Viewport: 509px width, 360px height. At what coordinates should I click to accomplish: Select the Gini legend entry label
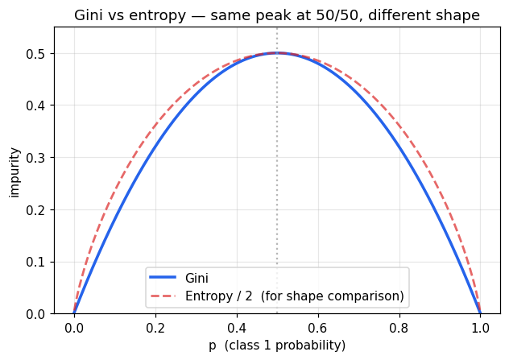pos(197,278)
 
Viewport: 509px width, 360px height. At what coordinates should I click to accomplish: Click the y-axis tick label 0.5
pos(37,54)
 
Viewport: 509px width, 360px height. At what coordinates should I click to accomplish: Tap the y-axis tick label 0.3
pos(37,158)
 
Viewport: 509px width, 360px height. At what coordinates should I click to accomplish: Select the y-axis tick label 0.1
pos(37,262)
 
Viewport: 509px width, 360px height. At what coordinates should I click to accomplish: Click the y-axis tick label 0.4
pos(37,106)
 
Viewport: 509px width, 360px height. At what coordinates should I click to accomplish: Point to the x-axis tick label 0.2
pos(155,328)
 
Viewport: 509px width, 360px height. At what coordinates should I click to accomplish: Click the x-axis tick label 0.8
pos(399,328)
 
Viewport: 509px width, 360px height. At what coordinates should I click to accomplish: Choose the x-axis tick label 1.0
pos(481,328)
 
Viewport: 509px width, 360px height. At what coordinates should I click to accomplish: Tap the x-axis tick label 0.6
pos(318,328)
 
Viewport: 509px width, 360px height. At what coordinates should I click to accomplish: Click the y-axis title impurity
pos(14,171)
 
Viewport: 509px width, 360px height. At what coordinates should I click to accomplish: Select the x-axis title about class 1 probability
pos(277,346)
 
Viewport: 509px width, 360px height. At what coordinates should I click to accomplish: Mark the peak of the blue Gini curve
pos(277,53)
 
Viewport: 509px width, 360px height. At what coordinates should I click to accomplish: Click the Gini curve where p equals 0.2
pos(155,147)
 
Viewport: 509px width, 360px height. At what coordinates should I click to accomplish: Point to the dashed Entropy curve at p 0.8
pos(399,126)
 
